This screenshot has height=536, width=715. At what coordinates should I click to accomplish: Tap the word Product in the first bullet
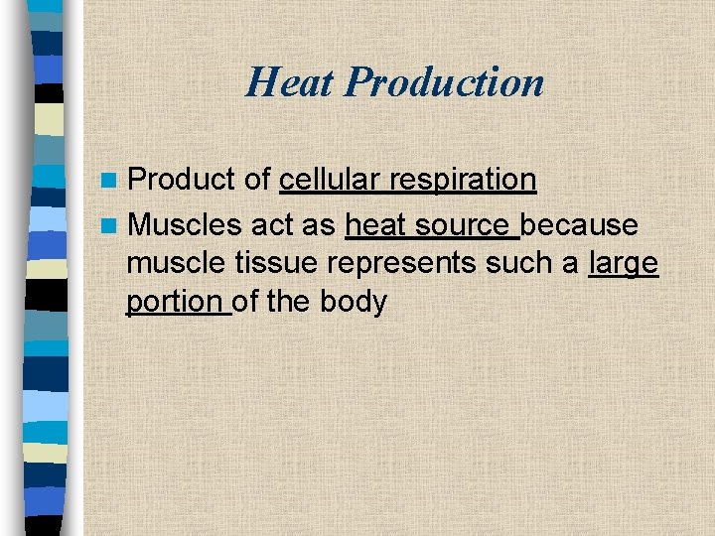[x=183, y=180]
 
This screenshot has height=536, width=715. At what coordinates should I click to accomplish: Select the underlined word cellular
[x=330, y=180]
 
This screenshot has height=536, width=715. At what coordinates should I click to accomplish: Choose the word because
[x=579, y=225]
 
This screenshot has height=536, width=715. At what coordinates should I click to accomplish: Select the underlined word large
[x=624, y=264]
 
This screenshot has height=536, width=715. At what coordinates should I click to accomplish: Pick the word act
[x=272, y=225]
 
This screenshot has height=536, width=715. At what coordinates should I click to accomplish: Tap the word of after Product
[x=258, y=180]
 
